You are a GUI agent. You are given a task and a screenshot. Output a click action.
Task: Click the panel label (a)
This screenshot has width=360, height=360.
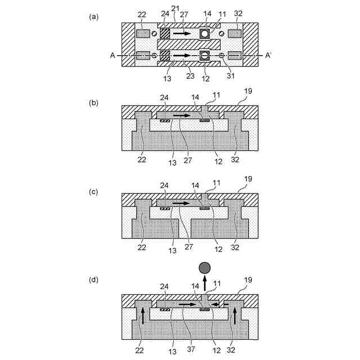point(94,16)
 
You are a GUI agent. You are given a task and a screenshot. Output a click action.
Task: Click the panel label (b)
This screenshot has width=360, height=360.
point(94,103)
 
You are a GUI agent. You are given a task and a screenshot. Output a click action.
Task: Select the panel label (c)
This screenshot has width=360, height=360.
point(94,191)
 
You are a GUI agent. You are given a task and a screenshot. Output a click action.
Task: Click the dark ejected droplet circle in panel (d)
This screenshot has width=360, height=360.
point(205,267)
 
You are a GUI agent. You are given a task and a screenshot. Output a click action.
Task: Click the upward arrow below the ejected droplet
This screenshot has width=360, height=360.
point(205,282)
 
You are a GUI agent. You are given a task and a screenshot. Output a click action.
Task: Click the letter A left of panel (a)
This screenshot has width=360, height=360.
point(113,55)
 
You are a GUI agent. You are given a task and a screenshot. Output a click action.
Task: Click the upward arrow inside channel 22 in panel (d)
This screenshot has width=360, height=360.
point(143,316)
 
